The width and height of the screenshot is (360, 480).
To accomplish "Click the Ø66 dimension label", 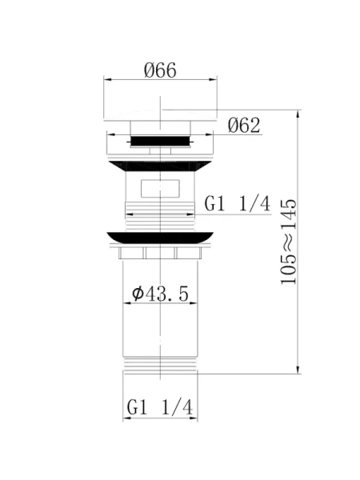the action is pyautogui.click(x=160, y=70).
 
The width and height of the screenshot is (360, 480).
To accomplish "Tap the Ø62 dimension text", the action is pyautogui.click(x=244, y=126).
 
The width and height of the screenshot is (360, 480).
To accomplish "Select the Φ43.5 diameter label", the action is pyautogui.click(x=160, y=294).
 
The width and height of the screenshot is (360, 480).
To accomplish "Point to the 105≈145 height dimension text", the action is pyautogui.click(x=289, y=242).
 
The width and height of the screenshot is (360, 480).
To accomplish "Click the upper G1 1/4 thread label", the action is pyautogui.click(x=238, y=204).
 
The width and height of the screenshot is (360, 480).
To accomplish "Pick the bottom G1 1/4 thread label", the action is pyautogui.click(x=160, y=407).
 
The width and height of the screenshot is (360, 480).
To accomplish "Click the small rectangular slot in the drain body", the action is pyautogui.click(x=160, y=189).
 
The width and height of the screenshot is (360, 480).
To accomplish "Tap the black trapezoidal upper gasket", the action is pyautogui.click(x=160, y=166).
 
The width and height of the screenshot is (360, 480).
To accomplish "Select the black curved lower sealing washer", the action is pyautogui.click(x=160, y=238).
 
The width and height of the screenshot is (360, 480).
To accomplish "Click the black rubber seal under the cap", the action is pyautogui.click(x=160, y=141).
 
